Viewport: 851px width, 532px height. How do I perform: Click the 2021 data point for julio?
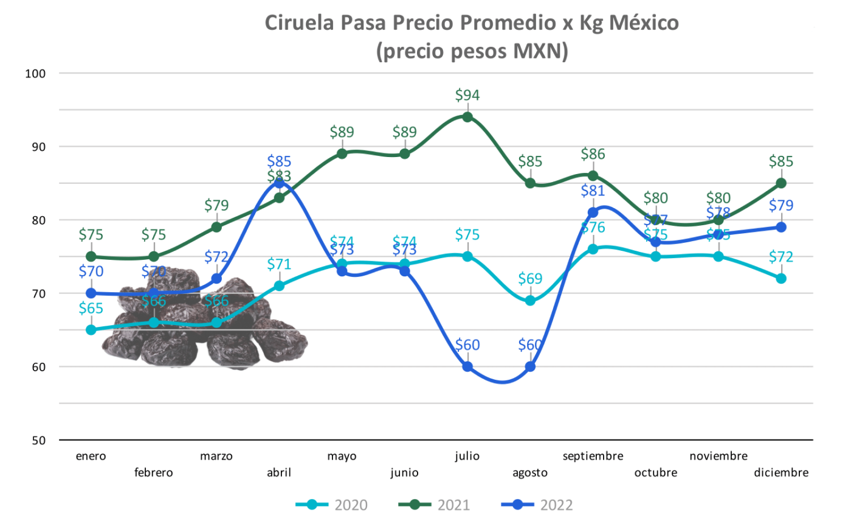[x=467, y=117]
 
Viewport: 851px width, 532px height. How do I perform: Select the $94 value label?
[x=467, y=95]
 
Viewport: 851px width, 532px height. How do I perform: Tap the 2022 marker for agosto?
[x=530, y=366]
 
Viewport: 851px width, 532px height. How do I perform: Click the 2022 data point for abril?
[x=279, y=183]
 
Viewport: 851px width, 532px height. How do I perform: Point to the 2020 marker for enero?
[x=91, y=330]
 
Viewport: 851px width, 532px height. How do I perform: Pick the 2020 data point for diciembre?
[x=781, y=278]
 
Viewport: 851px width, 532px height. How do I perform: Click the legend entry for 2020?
[x=332, y=505]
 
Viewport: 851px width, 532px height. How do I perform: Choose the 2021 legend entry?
[x=435, y=505]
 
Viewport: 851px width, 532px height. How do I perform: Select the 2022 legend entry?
[x=537, y=505]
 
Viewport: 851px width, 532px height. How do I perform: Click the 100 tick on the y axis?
[x=35, y=74]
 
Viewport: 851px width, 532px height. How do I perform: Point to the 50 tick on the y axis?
[x=38, y=440]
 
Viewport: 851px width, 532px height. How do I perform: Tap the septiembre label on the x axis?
[x=593, y=456]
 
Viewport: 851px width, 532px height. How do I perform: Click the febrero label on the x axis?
[x=153, y=472]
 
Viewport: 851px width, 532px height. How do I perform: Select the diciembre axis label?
[x=781, y=472]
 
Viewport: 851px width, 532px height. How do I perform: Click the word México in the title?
[x=644, y=23]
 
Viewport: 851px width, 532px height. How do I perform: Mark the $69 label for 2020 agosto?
[x=530, y=279]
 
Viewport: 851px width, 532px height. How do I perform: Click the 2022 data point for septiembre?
[x=593, y=212]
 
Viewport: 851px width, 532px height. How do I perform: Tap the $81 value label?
[x=593, y=191]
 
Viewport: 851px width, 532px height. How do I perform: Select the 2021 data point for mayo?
[x=342, y=153]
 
